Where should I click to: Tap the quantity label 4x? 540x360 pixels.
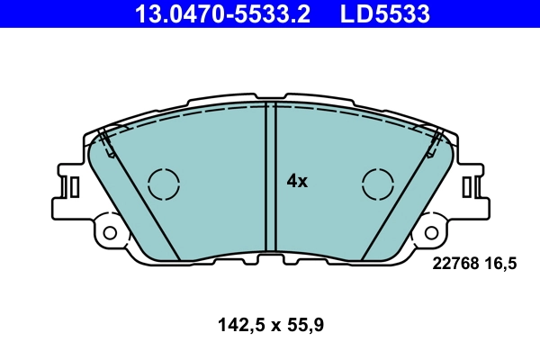click(297, 181)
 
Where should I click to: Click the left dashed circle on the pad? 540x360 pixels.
click(164, 184)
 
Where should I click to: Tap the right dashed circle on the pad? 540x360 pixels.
click(378, 184)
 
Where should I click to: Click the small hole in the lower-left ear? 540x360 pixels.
click(110, 232)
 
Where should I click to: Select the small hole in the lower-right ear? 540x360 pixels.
click(430, 232)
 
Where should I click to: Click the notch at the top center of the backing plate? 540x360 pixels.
click(270, 94)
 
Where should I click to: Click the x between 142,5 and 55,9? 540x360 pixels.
click(270, 322)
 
